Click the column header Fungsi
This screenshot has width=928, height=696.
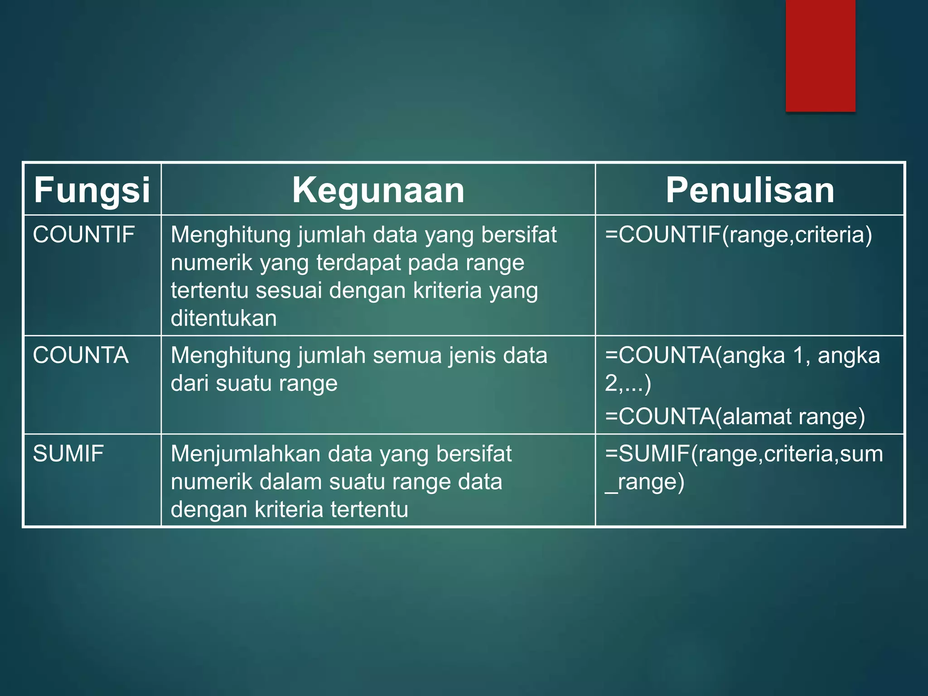pos(92,190)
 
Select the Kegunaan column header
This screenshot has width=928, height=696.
pos(378,190)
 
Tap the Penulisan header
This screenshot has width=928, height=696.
pos(750,190)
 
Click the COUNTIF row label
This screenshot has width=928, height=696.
pos(84,235)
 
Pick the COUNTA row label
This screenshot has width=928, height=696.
pos(81,355)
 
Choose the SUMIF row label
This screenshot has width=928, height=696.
pos(68,454)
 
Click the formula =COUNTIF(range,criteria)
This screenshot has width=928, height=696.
pos(739,235)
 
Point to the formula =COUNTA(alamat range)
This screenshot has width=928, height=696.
pos(735,416)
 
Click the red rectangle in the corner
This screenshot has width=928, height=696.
pos(821,55)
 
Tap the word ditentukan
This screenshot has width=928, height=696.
pos(224,318)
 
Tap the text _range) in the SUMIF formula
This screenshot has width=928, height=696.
pos(645,482)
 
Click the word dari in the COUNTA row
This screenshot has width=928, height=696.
pos(189,383)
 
